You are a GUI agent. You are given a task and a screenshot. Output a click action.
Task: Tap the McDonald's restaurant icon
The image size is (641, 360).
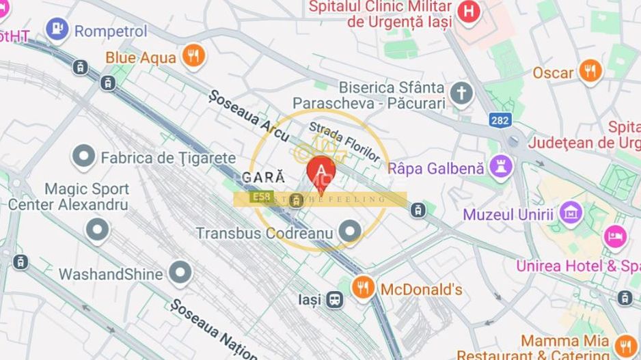coord(363,288)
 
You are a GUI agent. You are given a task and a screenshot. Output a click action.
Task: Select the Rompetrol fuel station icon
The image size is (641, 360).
coord(57,29)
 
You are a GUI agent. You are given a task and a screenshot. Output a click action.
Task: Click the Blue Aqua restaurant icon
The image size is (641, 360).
coord(194,56)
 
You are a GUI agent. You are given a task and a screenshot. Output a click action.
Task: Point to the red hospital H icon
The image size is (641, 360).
coord(469,12)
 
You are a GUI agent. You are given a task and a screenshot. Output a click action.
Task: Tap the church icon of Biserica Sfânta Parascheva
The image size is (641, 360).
coord(461,93)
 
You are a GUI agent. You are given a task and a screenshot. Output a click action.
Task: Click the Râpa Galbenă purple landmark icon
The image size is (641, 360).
coord(500,167)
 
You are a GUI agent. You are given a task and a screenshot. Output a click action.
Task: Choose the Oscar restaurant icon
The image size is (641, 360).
coord(589,70)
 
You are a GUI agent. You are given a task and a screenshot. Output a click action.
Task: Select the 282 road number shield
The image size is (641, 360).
coord(500,120)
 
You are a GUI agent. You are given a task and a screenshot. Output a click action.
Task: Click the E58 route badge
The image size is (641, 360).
coord(259,197)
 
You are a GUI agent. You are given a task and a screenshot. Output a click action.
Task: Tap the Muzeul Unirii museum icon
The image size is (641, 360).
coord(570,213)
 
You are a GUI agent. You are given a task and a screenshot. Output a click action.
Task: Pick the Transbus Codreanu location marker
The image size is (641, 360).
coord(351,232)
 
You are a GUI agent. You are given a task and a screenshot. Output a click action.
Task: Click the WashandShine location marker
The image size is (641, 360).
coord(180,273)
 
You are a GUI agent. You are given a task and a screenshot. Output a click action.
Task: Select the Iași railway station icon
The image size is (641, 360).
coord(334,299)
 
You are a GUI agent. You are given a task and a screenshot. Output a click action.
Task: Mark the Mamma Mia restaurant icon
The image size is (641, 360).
coord(623,344)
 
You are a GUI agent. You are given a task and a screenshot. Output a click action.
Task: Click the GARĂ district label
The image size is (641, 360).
coord(264,177)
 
